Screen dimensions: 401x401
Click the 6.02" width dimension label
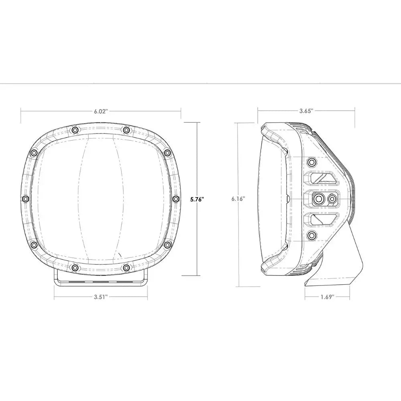click(101, 111)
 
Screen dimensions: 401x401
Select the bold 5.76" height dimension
click(197, 198)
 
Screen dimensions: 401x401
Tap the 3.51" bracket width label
click(101, 297)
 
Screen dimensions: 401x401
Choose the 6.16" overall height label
click(238, 198)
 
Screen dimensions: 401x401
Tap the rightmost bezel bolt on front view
click(176, 199)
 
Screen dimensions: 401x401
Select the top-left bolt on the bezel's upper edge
click(75, 130)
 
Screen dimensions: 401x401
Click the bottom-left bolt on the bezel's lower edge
click(75, 267)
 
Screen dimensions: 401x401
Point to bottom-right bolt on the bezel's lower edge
click(126, 267)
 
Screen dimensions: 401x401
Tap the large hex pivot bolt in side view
click(319, 198)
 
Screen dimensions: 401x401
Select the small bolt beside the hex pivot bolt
click(332, 198)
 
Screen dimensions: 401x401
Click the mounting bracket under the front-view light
click(101, 279)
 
